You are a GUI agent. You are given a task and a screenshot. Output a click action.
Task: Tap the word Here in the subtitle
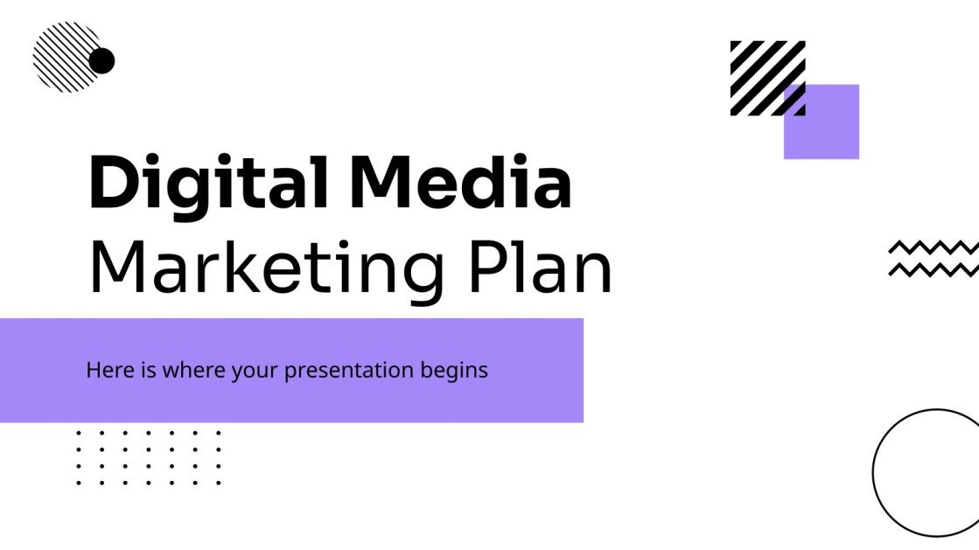click(x=105, y=370)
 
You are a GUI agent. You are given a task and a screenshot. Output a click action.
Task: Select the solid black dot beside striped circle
click(x=102, y=61)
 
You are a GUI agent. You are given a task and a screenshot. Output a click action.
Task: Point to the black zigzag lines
click(x=933, y=259)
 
